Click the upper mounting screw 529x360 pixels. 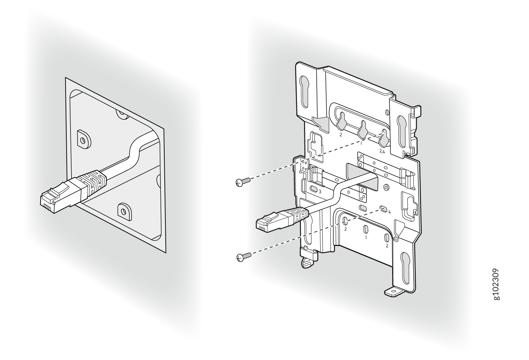click(x=243, y=181)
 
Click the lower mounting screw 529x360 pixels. click(x=244, y=257)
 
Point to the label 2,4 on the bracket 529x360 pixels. click(x=382, y=152)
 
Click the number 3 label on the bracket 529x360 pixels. click(x=320, y=191)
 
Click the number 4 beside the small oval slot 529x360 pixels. click(x=389, y=212)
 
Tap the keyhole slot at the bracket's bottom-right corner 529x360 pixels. click(x=405, y=268)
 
